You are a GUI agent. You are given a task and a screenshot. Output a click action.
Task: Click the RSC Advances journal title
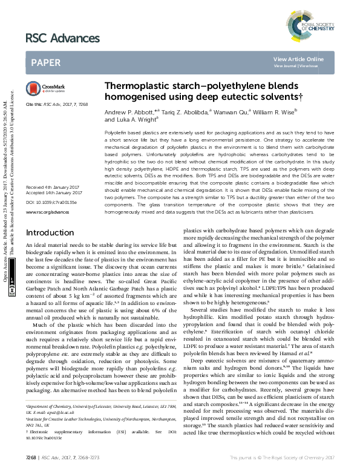click(x=62, y=39)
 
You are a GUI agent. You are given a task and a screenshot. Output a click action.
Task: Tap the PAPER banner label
click(x=45, y=62)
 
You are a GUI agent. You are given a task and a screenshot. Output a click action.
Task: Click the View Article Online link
click(x=307, y=59)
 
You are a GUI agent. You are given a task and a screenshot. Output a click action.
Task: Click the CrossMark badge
click(x=39, y=88)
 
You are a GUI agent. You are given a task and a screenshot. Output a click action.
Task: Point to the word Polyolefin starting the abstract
click(x=116, y=131)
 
